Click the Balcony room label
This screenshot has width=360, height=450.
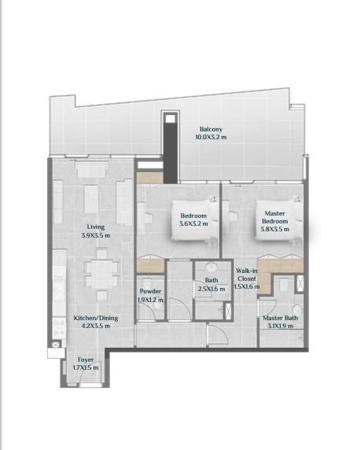pyautogui.click(x=211, y=129)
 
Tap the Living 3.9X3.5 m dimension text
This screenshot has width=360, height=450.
pyautogui.click(x=96, y=235)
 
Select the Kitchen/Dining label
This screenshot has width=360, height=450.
pyautogui.click(x=96, y=318)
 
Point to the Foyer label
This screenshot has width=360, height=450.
pyautogui.click(x=86, y=360)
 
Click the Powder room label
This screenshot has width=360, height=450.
pyautogui.click(x=150, y=291)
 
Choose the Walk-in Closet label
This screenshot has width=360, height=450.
pyautogui.click(x=247, y=275)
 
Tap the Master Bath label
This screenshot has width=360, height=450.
pyautogui.click(x=281, y=318)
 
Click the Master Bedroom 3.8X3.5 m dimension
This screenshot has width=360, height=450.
pyautogui.click(x=275, y=229)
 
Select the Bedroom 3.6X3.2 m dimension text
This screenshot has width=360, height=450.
pyautogui.click(x=193, y=223)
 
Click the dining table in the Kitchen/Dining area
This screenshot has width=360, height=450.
pyautogui.click(x=102, y=274)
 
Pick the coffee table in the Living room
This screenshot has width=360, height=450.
pyautogui.click(x=91, y=199)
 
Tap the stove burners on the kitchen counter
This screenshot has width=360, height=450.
pyautogui.click(x=59, y=328)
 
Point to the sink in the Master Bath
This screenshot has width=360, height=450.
pyautogui.click(x=297, y=310)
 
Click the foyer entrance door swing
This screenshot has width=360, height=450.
pyautogui.click(x=90, y=372)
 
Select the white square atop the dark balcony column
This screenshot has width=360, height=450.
pyautogui.click(x=170, y=119)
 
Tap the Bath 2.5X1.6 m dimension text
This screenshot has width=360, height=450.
pyautogui.click(x=211, y=289)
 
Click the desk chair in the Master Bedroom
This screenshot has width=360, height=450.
pyautogui.click(x=233, y=216)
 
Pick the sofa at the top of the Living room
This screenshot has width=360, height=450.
pyautogui.click(x=92, y=169)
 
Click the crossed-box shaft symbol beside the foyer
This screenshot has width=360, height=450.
pyautogui.click(x=56, y=345)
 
